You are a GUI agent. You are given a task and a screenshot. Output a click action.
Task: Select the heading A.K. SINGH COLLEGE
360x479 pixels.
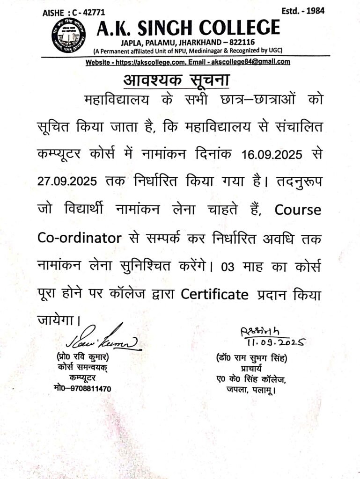(x=188, y=28)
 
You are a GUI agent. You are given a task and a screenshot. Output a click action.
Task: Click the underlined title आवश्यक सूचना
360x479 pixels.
(x=176, y=80)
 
